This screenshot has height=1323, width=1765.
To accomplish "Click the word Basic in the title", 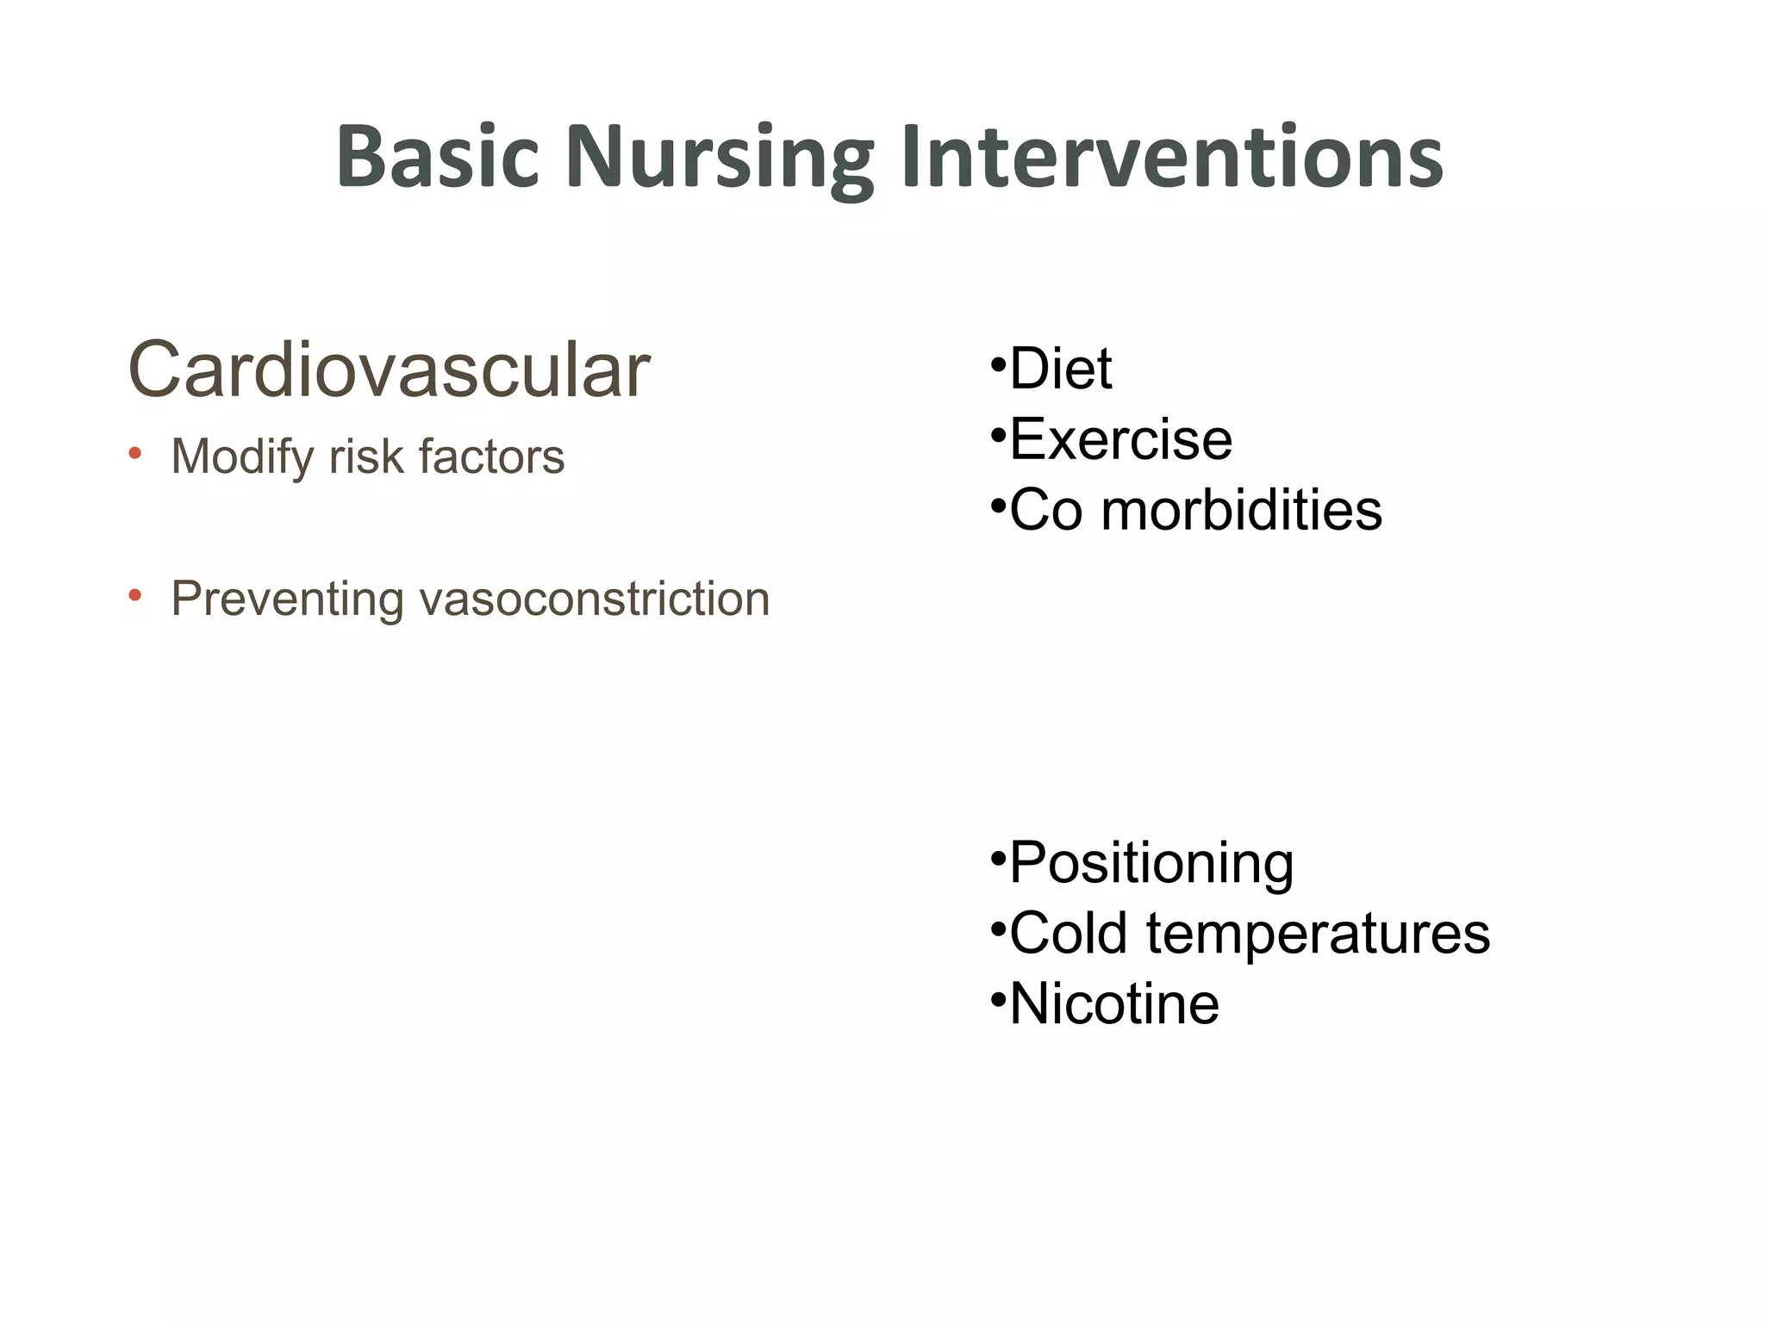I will coord(437,157).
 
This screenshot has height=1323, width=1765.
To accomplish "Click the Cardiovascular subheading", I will coord(389,370).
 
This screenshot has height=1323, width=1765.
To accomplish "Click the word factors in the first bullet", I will coord(491,457).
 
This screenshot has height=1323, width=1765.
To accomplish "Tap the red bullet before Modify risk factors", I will coord(134,453).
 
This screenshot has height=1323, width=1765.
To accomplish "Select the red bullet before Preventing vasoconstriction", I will coord(134,595).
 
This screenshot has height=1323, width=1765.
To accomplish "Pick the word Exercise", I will coord(1120,439).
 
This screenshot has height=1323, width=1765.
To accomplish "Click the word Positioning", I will coord(1151,863).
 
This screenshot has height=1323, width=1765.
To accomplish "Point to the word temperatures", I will coord(1318,935).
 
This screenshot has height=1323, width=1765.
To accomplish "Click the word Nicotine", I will coord(1114,1004).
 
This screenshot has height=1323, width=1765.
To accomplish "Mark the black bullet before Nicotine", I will coord(998,1000).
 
